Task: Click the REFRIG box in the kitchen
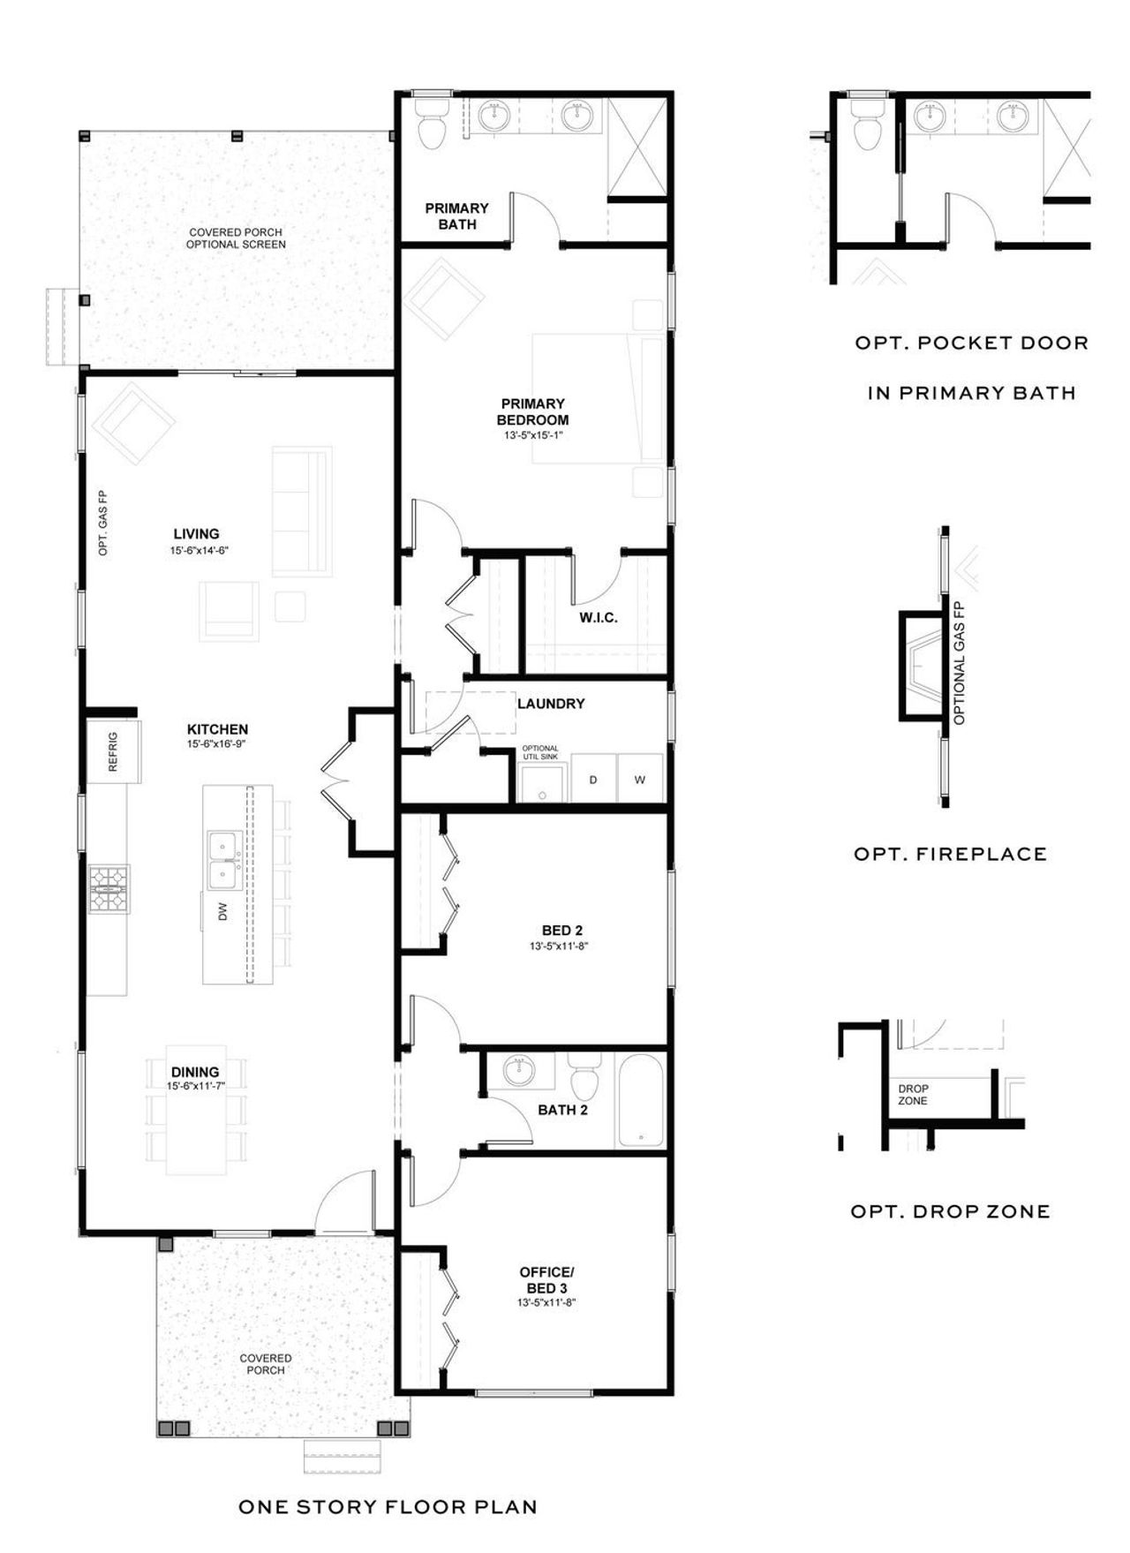click(x=114, y=751)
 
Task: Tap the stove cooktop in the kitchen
click(x=109, y=888)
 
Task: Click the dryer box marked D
click(x=593, y=779)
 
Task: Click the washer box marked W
click(x=640, y=779)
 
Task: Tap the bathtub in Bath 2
click(x=639, y=1101)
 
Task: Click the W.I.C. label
click(x=599, y=618)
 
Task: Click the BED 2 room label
click(x=562, y=931)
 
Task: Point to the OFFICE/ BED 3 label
click(x=546, y=1279)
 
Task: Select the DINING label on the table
click(x=195, y=1072)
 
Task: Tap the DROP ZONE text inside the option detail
click(x=912, y=1095)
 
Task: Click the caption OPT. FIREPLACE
click(x=950, y=854)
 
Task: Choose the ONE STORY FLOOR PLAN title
click(x=388, y=1507)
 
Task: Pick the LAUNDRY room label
click(x=551, y=704)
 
